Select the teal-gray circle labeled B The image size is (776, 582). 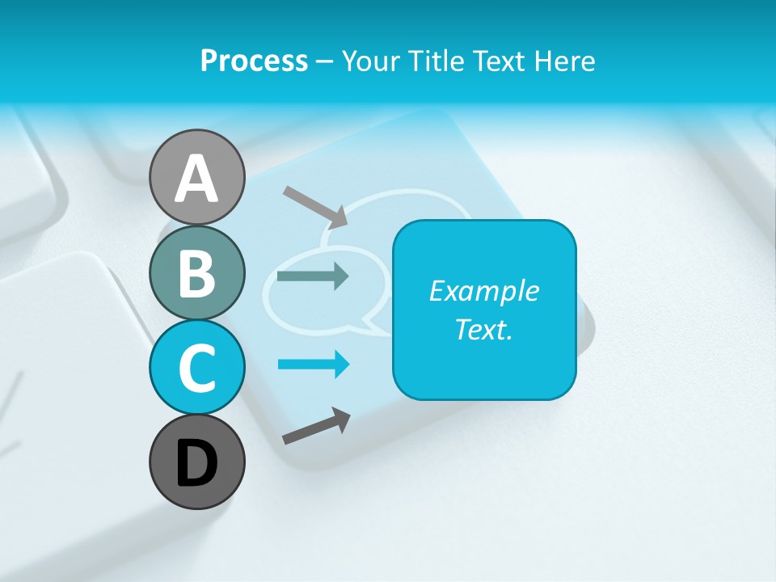pos(196,272)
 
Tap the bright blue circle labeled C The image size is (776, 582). pos(196,367)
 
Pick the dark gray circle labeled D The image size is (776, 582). pos(196,462)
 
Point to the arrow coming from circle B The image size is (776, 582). pos(312,276)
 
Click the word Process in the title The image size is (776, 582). pos(254,61)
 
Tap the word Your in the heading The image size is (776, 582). pos(369,61)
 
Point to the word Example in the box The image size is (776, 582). pos(483,291)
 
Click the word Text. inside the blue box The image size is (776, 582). pos(483,329)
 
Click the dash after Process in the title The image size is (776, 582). pos(324,62)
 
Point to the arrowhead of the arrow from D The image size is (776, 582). pos(343,420)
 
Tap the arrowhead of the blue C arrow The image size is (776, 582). pos(342,365)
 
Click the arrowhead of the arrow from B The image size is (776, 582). pos(341,276)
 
